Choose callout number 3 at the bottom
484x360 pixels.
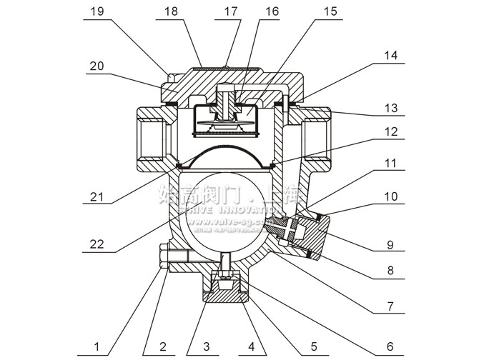click(x=207, y=348)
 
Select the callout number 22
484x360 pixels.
click(x=96, y=244)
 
